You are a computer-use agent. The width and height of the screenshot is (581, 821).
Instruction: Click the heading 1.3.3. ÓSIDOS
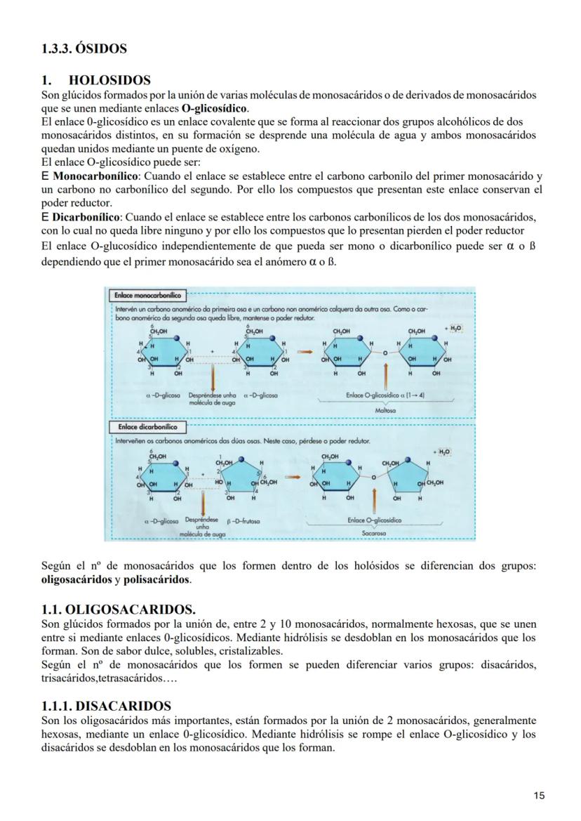(x=84, y=48)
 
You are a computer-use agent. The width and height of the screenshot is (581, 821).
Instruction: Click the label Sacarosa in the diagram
(x=375, y=534)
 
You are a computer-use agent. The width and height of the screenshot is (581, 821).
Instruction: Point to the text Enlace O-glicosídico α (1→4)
(x=385, y=395)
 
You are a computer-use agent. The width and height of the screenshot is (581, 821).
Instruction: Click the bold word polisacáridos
(x=157, y=581)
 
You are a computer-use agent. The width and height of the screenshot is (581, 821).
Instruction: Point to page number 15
(x=539, y=795)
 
